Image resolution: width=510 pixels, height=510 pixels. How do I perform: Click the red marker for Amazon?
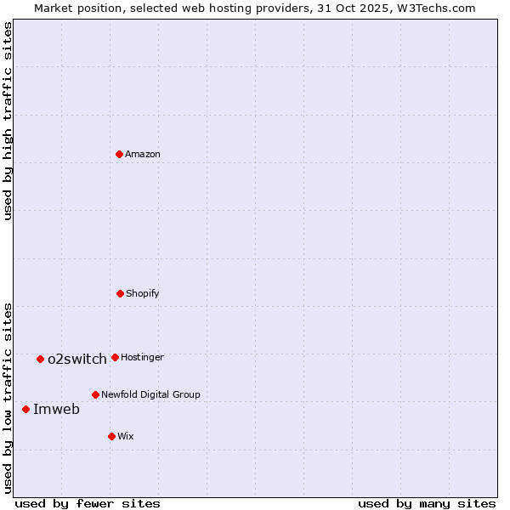120,154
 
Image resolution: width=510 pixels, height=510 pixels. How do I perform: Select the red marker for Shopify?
120,293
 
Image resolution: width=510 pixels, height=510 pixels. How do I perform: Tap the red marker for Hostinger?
115,357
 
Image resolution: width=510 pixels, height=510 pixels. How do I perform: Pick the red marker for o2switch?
40,359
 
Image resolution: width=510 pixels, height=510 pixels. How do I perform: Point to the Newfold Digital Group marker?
95,394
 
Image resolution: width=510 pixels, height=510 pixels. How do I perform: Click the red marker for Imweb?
25,409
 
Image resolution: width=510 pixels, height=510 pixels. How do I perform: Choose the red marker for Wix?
111,436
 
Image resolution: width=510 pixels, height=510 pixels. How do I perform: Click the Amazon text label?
143,154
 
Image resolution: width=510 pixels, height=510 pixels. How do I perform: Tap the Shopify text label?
143,293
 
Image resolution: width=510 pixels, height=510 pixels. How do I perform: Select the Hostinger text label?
142,357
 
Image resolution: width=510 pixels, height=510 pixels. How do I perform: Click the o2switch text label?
77,359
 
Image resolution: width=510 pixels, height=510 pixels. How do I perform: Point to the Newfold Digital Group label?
150,394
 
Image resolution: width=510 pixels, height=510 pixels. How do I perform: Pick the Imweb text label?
56,409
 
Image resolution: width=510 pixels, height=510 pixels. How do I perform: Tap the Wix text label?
126,436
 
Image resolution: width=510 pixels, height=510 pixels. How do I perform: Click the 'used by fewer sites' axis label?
88,503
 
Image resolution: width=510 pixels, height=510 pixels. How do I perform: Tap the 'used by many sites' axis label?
427,503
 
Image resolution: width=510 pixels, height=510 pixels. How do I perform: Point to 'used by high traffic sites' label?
8,121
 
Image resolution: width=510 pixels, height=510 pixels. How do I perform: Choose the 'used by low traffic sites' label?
8,397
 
